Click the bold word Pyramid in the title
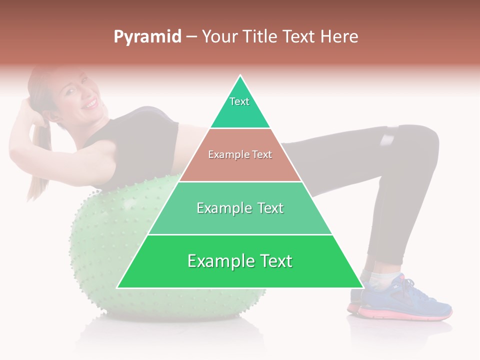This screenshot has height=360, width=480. tap(147, 37)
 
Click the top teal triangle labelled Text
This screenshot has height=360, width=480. tap(240, 107)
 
